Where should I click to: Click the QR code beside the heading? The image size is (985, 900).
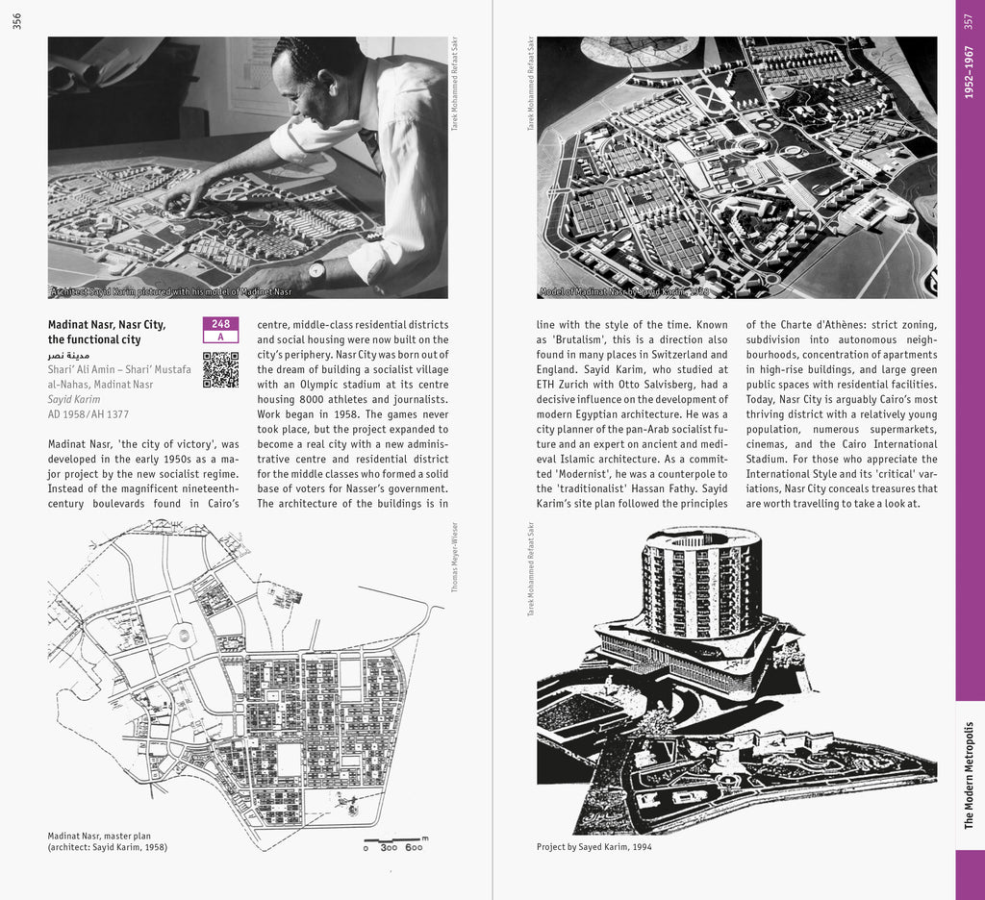click(x=220, y=369)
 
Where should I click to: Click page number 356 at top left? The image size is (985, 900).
click(x=16, y=20)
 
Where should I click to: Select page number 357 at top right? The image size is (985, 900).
click(x=969, y=20)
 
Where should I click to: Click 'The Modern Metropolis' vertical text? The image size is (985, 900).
click(x=969, y=774)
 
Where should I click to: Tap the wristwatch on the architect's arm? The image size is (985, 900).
click(x=316, y=271)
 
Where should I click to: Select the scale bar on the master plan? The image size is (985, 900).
click(x=394, y=844)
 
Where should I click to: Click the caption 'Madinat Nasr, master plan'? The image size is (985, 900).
click(x=99, y=836)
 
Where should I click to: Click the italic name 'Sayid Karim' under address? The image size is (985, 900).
click(x=74, y=399)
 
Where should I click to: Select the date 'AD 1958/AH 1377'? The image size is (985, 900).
click(x=88, y=414)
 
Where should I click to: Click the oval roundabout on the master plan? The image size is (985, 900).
click(x=180, y=635)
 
